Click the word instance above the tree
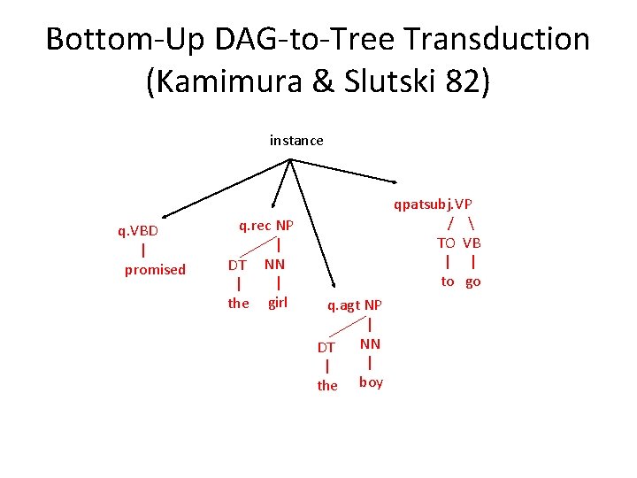pos(296,140)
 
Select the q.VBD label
pos(138,231)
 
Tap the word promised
pos(155,269)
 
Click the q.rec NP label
pos(266,226)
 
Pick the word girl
pos(278,302)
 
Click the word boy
pos(371,382)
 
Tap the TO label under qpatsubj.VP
pos(446,243)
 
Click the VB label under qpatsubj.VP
pos(472,243)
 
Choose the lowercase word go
pos(473,281)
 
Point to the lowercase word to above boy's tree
pos(448,281)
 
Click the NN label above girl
pos(274,264)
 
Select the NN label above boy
pos(370,342)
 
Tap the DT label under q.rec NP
pos(237,265)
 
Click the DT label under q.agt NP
pos(326,348)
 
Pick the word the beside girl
pos(238,303)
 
